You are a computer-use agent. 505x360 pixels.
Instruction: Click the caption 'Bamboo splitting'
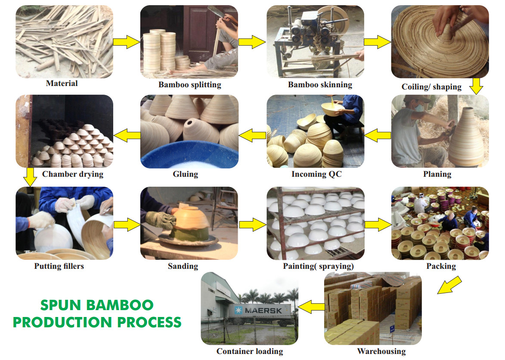189,85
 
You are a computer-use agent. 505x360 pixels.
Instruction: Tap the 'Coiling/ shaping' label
431,87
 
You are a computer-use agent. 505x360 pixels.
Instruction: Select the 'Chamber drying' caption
72,174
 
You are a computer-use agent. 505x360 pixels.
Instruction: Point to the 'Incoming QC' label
315,174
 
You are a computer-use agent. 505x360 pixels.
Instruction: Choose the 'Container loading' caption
250,351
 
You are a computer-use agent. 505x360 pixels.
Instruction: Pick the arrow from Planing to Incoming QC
378,135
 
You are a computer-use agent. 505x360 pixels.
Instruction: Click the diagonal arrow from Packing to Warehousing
449,285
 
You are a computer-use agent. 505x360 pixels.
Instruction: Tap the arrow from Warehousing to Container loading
312,307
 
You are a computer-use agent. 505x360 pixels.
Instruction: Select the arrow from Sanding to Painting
252,225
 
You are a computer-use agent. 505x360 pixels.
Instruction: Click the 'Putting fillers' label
59,266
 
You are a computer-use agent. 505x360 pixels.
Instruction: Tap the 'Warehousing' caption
381,351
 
